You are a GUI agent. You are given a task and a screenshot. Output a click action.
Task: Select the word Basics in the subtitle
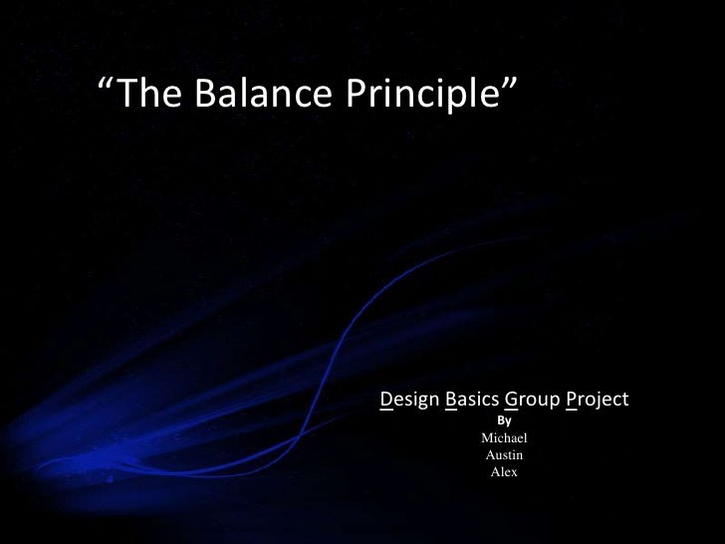(472, 401)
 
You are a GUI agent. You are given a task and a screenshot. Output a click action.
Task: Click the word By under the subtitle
(504, 420)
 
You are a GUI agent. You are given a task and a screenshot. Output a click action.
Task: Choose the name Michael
(504, 438)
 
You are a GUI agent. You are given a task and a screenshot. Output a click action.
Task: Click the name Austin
(504, 455)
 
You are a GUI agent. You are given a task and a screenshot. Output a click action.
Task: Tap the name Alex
(504, 472)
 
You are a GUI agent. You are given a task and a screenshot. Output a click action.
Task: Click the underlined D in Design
(386, 401)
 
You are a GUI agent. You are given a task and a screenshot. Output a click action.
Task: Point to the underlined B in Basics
(451, 401)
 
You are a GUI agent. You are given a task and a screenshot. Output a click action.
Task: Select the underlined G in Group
(511, 401)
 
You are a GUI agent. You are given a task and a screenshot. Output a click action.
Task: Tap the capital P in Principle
(356, 94)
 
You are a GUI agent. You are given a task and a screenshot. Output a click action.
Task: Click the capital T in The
(127, 94)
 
